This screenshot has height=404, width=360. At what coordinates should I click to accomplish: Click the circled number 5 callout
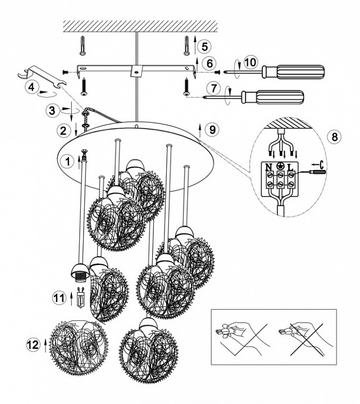[x=204, y=47]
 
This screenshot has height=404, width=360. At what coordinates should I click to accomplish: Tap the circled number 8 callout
[x=335, y=136]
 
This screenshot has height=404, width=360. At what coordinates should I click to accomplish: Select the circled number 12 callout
[x=33, y=345]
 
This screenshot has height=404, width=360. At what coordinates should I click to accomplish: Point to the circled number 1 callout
[x=67, y=162]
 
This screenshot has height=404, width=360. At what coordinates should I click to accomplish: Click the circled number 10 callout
[x=250, y=62]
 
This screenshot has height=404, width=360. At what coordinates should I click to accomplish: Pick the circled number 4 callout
[x=31, y=87]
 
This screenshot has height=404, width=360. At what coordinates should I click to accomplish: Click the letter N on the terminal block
[x=269, y=167]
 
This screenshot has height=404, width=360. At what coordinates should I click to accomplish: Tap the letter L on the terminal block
[x=290, y=167]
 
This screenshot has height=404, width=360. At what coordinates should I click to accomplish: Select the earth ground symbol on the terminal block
[x=280, y=166]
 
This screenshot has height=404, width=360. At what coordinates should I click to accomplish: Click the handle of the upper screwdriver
[x=293, y=72]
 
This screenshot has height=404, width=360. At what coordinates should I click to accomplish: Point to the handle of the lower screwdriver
[x=272, y=97]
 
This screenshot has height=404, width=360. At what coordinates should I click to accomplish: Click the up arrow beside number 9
[x=199, y=130]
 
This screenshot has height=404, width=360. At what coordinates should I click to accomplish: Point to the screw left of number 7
[x=186, y=87]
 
